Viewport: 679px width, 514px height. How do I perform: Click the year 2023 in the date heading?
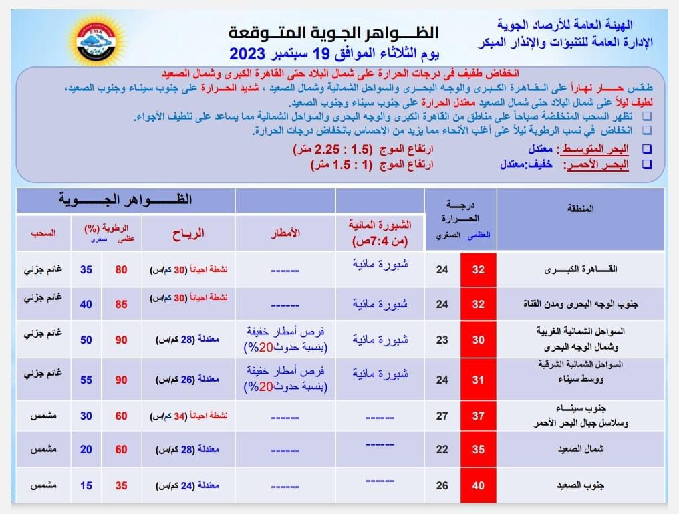[x=251, y=53]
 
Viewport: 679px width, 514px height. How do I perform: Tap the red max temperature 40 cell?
[x=478, y=485]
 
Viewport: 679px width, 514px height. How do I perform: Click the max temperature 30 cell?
[x=478, y=340]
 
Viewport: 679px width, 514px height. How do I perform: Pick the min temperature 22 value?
[x=442, y=450]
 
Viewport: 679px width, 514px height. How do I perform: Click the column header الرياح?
[x=188, y=233]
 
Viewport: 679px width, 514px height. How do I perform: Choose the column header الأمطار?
[x=285, y=233]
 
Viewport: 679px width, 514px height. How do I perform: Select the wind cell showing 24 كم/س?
[x=188, y=485]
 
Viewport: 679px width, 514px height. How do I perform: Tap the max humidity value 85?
[x=122, y=305]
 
